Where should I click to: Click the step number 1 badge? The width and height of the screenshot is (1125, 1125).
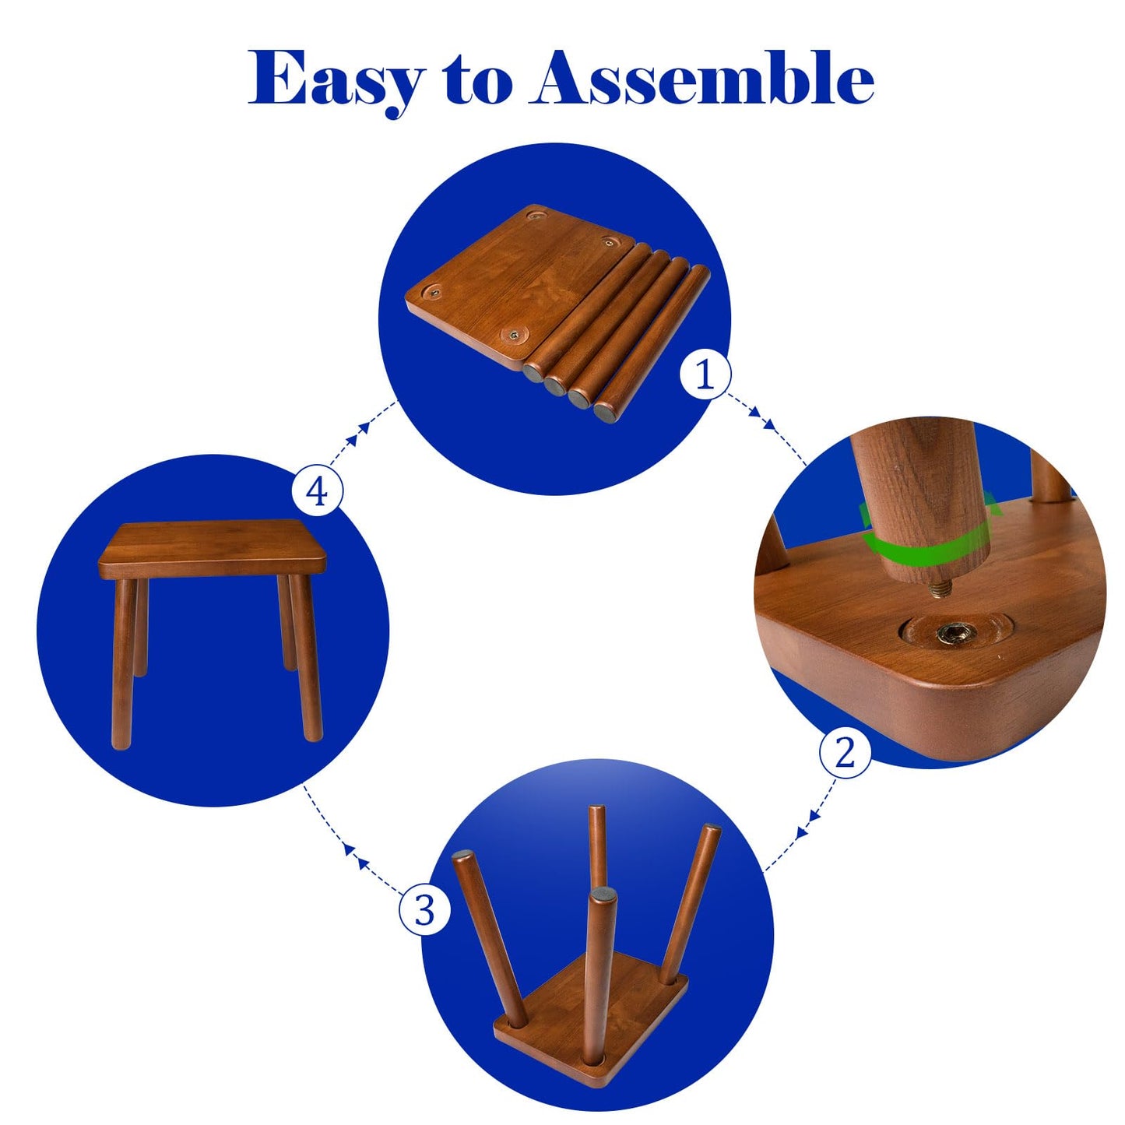tap(705, 374)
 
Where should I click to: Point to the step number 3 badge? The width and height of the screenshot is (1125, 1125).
tap(424, 909)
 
